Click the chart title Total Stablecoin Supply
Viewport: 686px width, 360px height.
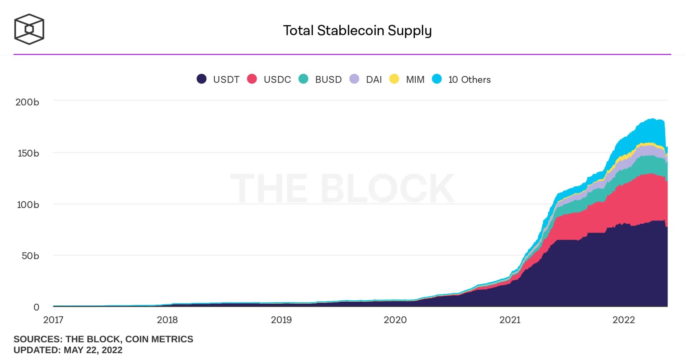(x=357, y=30)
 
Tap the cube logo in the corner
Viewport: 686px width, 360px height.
(x=29, y=29)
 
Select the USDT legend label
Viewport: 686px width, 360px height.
(x=226, y=80)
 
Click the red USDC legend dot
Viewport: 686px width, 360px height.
(x=252, y=79)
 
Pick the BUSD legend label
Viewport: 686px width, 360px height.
(x=328, y=80)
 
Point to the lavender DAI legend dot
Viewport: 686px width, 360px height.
(x=354, y=79)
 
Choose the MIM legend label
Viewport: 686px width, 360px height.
(x=415, y=80)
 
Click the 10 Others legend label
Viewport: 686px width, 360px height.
(x=469, y=80)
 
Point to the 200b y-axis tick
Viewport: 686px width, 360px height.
(x=27, y=102)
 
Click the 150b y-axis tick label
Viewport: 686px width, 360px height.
(x=28, y=153)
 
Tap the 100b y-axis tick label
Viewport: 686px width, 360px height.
(x=28, y=205)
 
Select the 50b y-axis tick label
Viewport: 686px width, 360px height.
(x=30, y=256)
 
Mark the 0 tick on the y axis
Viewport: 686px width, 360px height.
(x=36, y=307)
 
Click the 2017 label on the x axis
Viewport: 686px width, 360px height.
(x=53, y=320)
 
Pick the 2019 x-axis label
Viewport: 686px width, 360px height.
(x=281, y=320)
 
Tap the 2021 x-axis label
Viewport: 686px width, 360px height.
(x=510, y=320)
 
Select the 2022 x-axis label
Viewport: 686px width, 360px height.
(x=624, y=320)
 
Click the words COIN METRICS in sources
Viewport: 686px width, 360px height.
(x=159, y=339)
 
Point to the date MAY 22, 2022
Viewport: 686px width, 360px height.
(x=93, y=350)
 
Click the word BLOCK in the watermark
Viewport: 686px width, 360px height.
(x=387, y=188)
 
